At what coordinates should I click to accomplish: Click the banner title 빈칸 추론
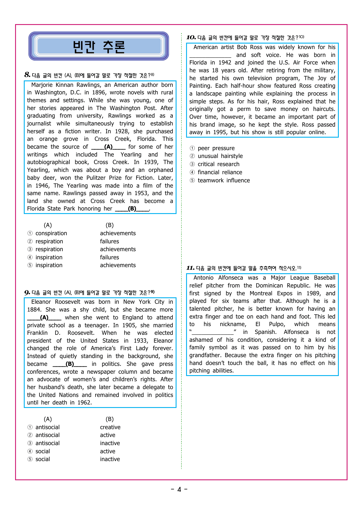point(99,47)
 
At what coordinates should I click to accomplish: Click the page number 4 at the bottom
point(179,490)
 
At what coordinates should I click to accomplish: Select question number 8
point(27,75)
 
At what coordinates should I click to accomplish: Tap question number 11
point(190,268)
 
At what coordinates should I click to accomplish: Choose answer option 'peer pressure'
point(216,148)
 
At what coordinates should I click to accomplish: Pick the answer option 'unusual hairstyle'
point(220,156)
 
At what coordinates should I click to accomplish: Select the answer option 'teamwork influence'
point(224,180)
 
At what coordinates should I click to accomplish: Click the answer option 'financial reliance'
point(220,172)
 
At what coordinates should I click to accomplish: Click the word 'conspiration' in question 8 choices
point(51,233)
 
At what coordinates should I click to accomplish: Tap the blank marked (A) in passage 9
point(44,318)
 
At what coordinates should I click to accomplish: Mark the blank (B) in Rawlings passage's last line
point(132,209)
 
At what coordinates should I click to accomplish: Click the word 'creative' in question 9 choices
point(110,427)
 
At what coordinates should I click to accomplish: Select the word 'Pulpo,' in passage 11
point(277,324)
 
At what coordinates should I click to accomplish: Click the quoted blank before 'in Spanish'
point(213,332)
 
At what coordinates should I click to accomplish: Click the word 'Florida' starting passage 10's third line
point(198,63)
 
